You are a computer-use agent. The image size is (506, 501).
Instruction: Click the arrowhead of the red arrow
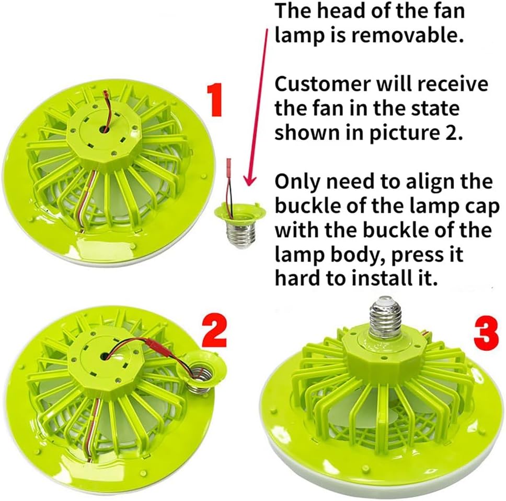click(249, 180)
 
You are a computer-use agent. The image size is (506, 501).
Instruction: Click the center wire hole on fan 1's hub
click(104, 129)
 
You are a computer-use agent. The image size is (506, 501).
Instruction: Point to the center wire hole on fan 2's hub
click(105, 356)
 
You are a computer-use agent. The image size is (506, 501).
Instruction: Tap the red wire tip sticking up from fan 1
click(106, 96)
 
